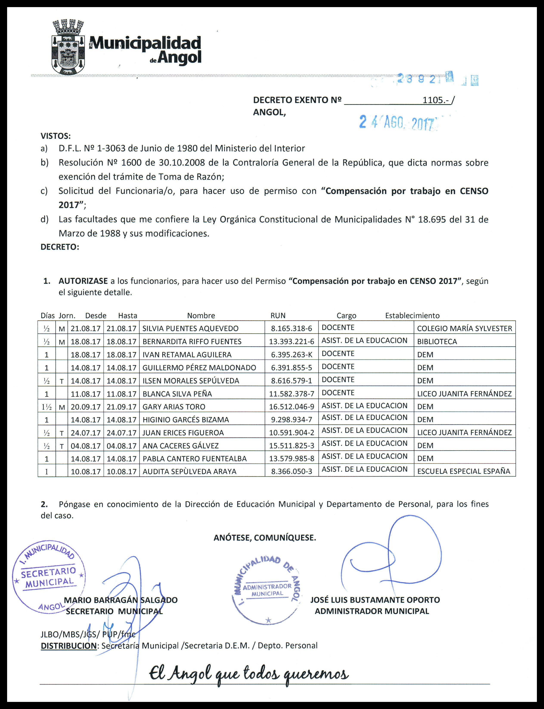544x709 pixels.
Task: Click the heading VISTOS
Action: (55, 136)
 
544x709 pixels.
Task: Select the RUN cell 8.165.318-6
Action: (291, 328)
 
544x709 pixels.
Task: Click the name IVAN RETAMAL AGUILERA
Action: (187, 354)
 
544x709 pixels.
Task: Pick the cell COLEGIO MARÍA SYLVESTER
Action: (464, 328)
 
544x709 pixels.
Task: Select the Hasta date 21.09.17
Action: (121, 407)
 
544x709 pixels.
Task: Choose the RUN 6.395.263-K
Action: (291, 354)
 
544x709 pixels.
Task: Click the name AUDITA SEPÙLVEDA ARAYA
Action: (189, 471)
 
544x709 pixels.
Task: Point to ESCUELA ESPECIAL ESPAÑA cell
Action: (464, 471)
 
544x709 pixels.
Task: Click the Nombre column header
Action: (201, 316)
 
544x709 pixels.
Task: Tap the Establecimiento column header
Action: (412, 316)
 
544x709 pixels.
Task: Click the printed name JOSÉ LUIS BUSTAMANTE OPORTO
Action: (375, 600)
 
